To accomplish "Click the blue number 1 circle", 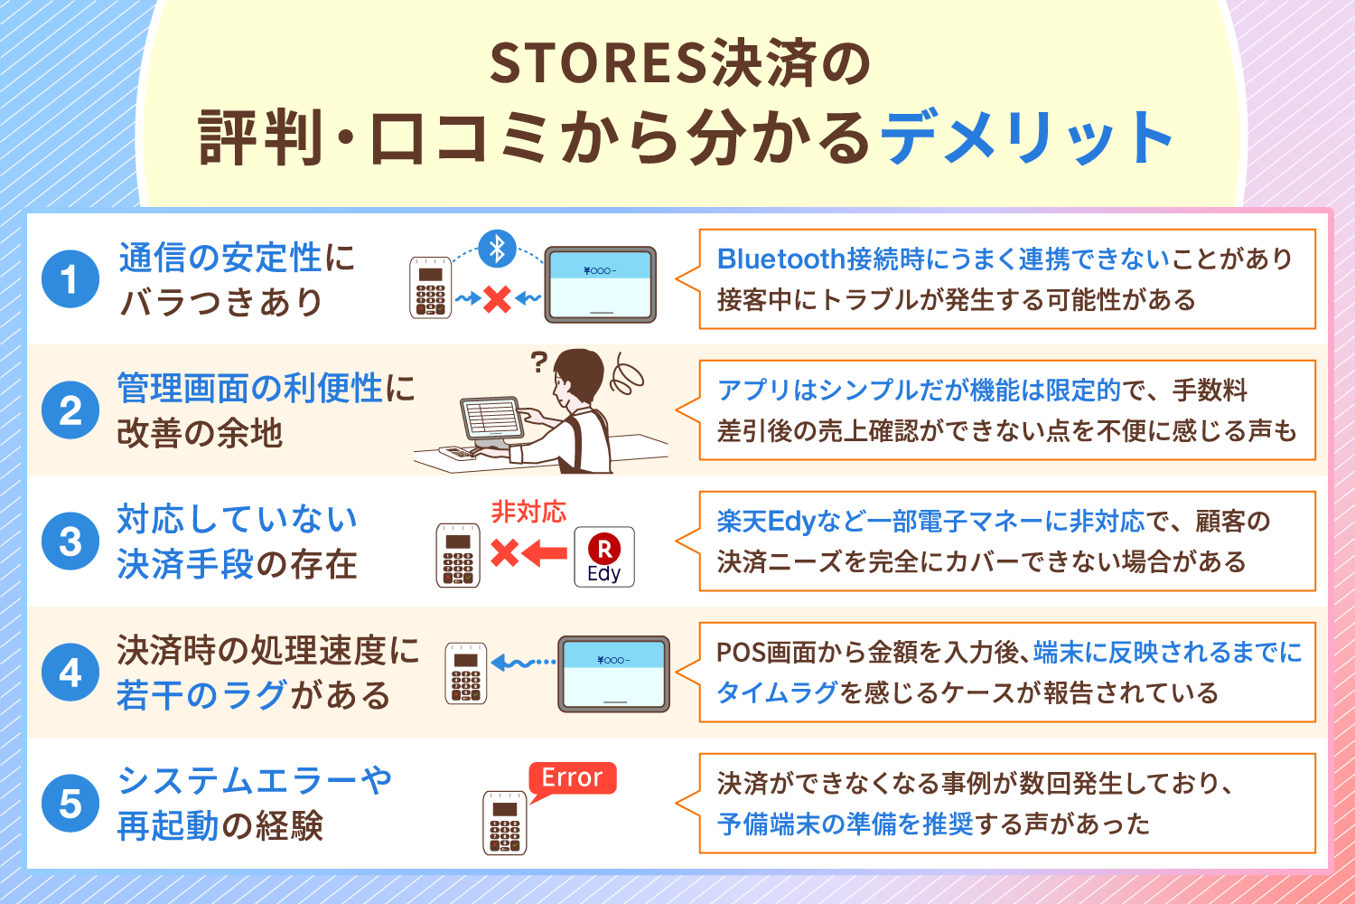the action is point(70,279).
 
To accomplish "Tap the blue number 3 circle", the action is point(70,541).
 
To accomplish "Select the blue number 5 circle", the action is point(70,804).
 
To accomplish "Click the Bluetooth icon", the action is point(497,249).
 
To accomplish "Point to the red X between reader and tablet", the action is point(497,299).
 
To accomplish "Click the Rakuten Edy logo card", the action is point(604,557).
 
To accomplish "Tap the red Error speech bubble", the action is point(572,780).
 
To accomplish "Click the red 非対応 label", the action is point(528,512).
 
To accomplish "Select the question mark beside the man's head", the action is point(538,363).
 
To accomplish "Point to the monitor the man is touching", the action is point(491,419).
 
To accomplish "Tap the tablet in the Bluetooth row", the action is point(600,284).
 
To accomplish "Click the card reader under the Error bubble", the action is point(504,823).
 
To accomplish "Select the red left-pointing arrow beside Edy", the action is point(545,553).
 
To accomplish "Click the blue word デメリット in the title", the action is point(1026,138).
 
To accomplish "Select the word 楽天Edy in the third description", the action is point(766,522).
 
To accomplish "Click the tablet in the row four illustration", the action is point(613,673).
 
